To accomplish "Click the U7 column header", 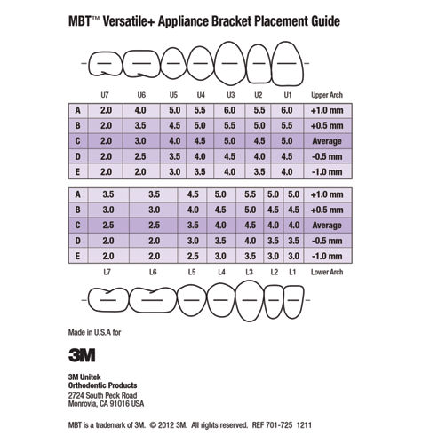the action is [x=107, y=93].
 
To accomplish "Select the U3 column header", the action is [x=230, y=93].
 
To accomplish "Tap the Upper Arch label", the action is [x=322, y=93].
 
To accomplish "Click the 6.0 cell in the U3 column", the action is [x=230, y=109].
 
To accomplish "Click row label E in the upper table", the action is [x=79, y=171].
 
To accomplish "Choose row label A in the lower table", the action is [x=79, y=194].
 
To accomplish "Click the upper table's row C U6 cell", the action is [x=141, y=140].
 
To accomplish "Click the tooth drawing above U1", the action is [x=287, y=64].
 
